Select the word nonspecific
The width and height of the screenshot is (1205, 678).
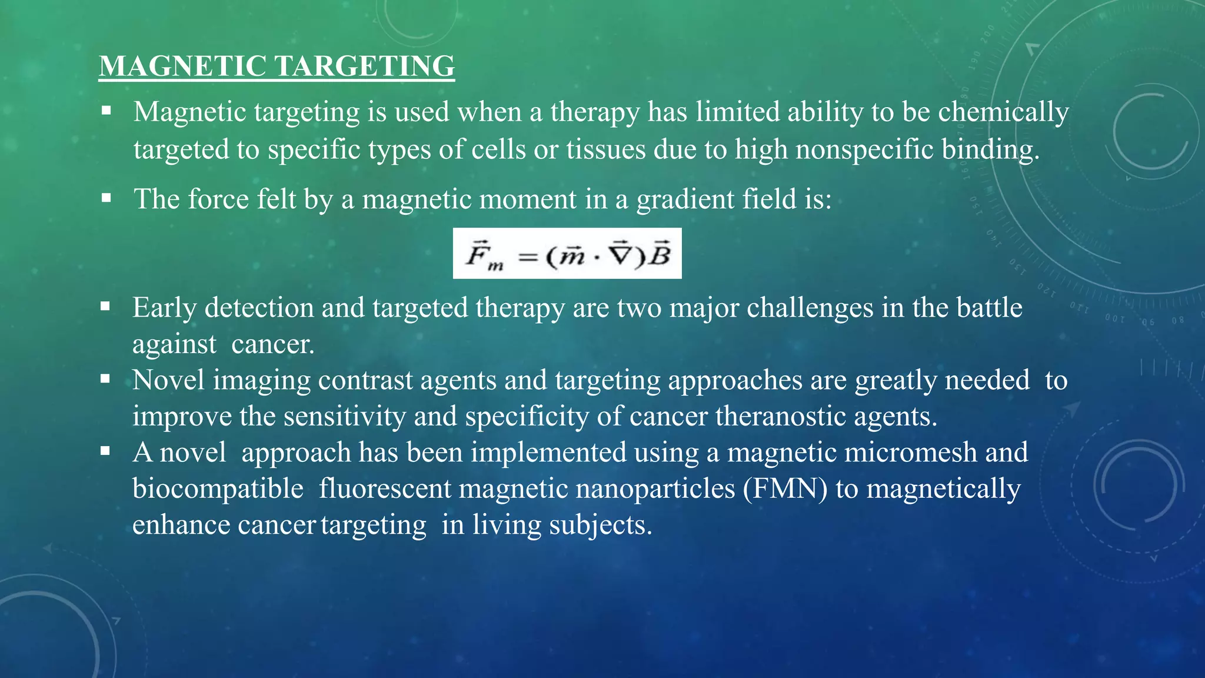click(x=864, y=149)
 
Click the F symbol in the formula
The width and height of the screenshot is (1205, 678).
click(x=477, y=254)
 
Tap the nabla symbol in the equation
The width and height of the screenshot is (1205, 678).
click(x=620, y=254)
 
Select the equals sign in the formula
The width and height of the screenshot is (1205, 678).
click(x=528, y=257)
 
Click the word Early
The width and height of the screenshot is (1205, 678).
click(x=164, y=308)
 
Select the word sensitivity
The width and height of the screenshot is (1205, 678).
click(x=345, y=416)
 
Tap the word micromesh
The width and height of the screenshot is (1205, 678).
click(x=911, y=452)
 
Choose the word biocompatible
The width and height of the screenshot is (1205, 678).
click(x=218, y=488)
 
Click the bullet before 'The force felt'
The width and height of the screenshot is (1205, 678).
click(x=106, y=198)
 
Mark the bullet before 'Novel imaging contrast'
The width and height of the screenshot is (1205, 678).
click(x=105, y=379)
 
